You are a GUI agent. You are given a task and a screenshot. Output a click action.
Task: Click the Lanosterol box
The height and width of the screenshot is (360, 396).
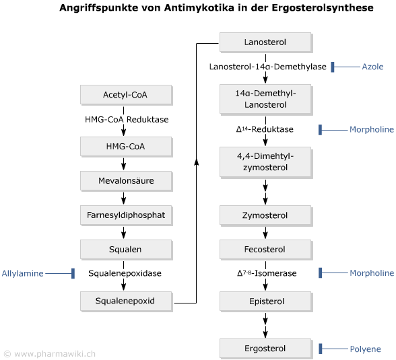(x=265, y=42)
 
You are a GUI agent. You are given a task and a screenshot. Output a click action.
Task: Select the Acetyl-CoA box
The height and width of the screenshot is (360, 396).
(x=127, y=95)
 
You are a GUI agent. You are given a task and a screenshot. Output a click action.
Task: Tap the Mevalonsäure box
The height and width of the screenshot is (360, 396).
(x=127, y=181)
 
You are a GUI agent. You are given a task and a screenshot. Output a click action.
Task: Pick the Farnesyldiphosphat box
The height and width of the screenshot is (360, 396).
(x=127, y=215)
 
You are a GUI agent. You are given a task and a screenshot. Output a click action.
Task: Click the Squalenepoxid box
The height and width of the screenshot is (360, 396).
(x=127, y=301)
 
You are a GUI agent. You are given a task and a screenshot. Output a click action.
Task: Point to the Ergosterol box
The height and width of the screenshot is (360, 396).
(x=265, y=349)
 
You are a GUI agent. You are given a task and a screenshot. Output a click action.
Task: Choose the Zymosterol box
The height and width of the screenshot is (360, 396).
(x=265, y=216)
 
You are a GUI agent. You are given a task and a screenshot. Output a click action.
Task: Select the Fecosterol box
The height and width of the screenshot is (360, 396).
(x=265, y=250)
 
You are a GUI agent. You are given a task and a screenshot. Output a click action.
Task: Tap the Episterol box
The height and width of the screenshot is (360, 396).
(x=265, y=301)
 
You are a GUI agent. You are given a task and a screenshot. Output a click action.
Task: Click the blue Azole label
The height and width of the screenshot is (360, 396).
(x=372, y=67)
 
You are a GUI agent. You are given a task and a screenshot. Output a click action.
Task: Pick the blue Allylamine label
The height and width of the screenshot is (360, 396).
(x=22, y=273)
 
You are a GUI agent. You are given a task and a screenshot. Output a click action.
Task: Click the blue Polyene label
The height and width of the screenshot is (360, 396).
(x=365, y=349)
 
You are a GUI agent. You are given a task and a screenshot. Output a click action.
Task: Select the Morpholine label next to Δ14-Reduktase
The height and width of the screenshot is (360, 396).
(x=372, y=130)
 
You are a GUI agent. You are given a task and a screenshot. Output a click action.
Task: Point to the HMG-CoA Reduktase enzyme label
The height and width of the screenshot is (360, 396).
(x=127, y=120)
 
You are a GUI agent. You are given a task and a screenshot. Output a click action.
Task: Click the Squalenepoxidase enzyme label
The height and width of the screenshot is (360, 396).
(x=125, y=273)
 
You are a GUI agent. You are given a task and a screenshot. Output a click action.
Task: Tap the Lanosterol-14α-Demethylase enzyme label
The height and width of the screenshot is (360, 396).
(x=268, y=67)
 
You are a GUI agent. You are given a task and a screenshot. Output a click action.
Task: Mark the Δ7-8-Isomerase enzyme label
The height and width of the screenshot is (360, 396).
(x=267, y=273)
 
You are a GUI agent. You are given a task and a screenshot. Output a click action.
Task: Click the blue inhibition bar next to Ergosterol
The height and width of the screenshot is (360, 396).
(x=321, y=349)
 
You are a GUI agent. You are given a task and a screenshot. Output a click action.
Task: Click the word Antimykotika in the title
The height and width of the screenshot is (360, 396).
(x=199, y=8)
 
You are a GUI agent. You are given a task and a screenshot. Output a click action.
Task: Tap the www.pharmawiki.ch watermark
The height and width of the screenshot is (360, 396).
(x=55, y=354)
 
